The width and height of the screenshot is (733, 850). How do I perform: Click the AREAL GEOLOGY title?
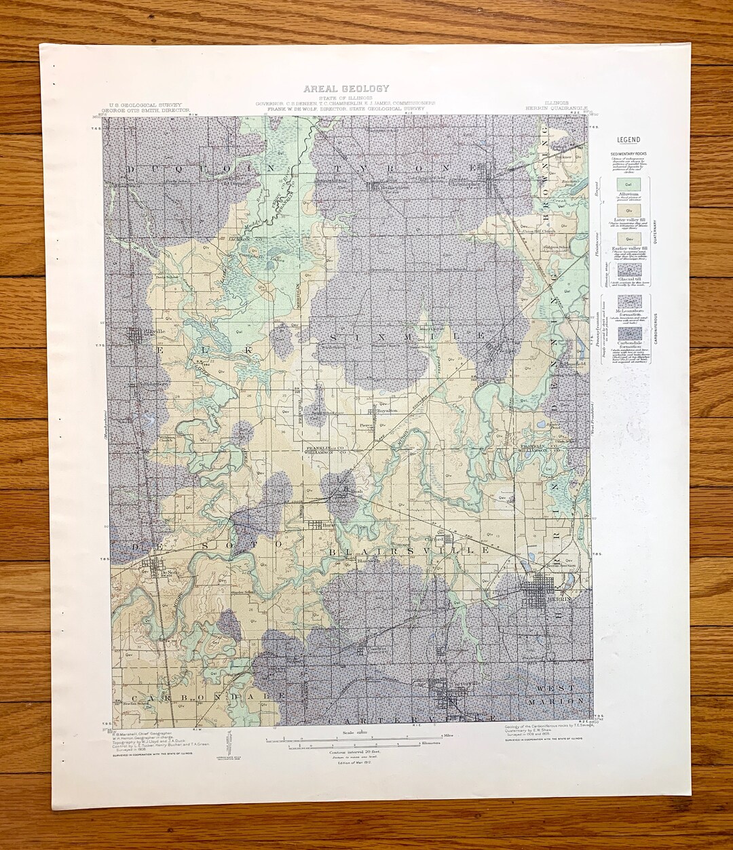click(346, 88)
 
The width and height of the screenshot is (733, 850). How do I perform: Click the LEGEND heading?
click(628, 140)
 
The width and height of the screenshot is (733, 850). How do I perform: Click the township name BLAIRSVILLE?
click(409, 552)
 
